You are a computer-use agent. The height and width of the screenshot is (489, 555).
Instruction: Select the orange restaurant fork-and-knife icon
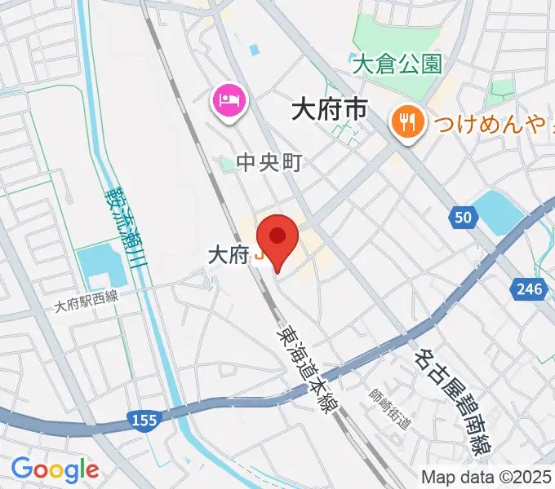click(x=406, y=123)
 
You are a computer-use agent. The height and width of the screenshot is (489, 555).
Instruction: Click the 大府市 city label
click(x=330, y=109)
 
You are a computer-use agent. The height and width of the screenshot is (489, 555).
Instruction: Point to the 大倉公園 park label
click(x=397, y=63)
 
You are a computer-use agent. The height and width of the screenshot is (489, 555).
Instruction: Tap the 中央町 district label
click(x=269, y=164)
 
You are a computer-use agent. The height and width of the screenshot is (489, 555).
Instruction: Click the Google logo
click(x=55, y=469)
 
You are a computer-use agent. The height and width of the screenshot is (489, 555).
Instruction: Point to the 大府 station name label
click(x=228, y=255)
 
